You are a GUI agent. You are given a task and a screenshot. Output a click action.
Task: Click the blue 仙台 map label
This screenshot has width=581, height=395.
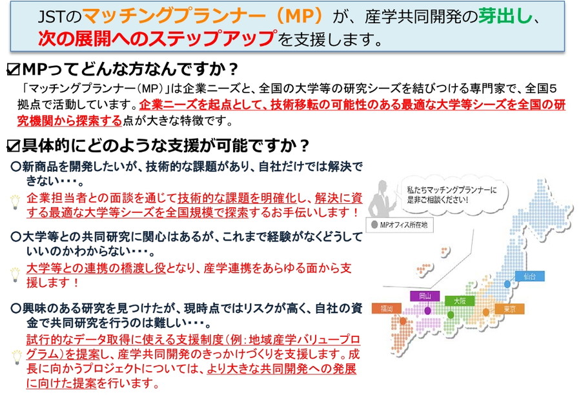[x=529, y=276]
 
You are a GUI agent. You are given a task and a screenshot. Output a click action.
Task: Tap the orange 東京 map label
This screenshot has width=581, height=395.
[x=510, y=309]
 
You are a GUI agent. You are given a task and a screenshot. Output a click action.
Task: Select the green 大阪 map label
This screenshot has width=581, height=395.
[x=460, y=301]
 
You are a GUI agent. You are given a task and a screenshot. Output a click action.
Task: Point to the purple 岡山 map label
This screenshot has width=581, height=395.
[x=425, y=296]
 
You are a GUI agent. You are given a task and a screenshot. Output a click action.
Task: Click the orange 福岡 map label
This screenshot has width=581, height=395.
[x=387, y=309]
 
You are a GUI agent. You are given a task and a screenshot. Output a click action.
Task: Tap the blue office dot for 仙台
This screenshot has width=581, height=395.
[x=507, y=284]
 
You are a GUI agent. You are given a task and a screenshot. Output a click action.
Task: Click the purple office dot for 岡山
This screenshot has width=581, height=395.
[x=427, y=310]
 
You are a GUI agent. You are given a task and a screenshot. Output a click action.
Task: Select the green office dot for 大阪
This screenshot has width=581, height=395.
[x=451, y=314]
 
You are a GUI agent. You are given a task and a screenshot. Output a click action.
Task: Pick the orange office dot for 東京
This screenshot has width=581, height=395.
[x=485, y=312]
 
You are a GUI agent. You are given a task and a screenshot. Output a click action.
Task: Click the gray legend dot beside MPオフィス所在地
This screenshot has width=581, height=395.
[x=374, y=225]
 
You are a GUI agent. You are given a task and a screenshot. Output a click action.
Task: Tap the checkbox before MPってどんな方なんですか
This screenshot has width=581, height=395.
[x=13, y=70]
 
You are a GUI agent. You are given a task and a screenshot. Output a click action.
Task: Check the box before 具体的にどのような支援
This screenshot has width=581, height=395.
[x=13, y=146]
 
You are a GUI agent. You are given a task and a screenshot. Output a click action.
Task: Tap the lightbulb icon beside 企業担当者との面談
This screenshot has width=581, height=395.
[x=15, y=202]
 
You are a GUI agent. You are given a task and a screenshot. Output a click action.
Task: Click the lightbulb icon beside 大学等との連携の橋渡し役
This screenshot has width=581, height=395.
[x=15, y=274]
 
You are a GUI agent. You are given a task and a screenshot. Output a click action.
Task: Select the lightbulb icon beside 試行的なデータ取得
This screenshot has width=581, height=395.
[x=17, y=357]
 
